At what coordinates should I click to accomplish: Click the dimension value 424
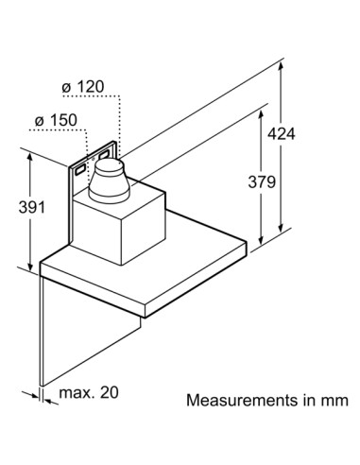tap(282, 134)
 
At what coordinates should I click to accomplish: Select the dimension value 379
tap(262, 181)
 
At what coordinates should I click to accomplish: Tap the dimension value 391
tap(32, 207)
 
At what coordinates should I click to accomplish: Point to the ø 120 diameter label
tap(83, 87)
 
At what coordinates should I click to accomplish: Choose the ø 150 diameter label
tap(56, 120)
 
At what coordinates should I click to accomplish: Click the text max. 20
tap(89, 392)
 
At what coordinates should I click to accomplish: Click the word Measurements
tap(242, 400)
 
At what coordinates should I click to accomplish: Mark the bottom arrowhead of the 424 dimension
tap(281, 228)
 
